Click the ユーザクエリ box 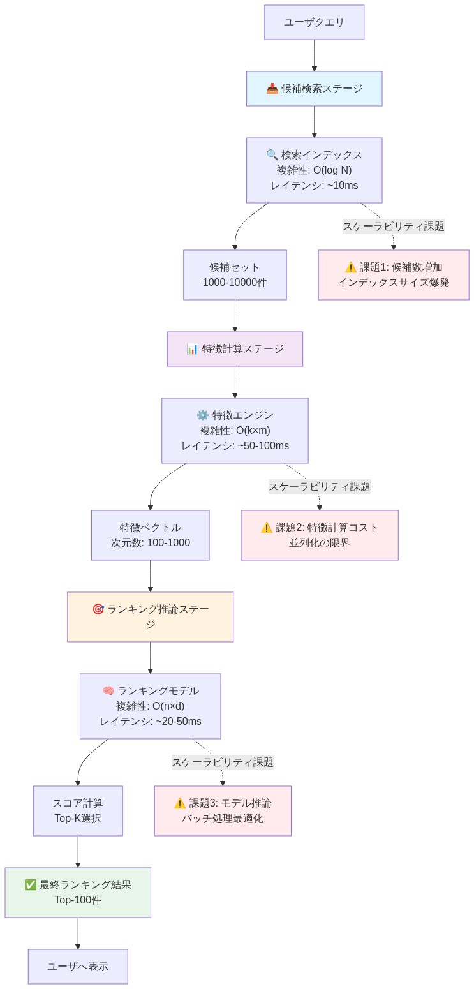[x=314, y=22]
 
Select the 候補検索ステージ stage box [x=314, y=89]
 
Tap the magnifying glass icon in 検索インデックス [x=272, y=155]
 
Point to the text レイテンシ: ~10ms [x=314, y=186]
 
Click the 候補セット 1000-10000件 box [x=235, y=275]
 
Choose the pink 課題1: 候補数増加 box [x=393, y=275]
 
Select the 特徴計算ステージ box [x=235, y=349]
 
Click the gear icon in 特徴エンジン [x=202, y=415]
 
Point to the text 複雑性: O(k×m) [x=235, y=431]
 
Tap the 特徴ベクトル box [x=150, y=535]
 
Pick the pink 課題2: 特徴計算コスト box [x=319, y=535]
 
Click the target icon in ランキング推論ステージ [x=98, y=609]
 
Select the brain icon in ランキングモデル [x=108, y=691]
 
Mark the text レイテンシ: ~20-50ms [x=150, y=722]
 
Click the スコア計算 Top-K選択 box [x=78, y=811]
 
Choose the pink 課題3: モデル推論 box [x=222, y=811]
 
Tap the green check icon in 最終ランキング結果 [x=30, y=885]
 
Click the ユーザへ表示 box [x=78, y=967]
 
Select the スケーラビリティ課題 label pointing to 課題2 [x=319, y=487]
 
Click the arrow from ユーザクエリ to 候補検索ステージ [x=314, y=56]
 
